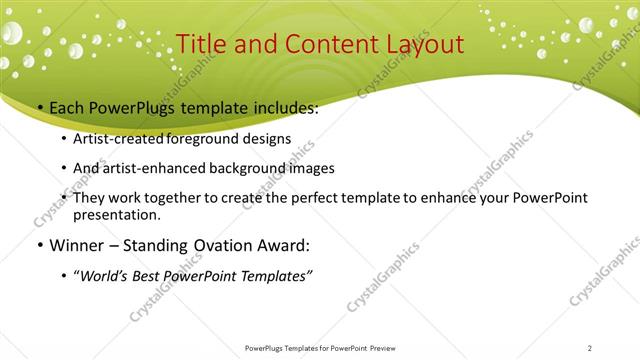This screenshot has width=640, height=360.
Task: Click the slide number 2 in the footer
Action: point(590,348)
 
